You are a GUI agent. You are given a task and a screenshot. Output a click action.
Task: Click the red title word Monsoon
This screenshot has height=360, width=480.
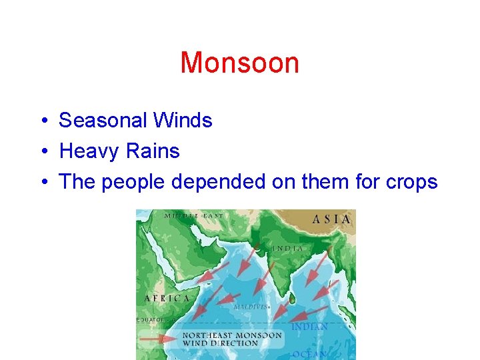coord(239,63)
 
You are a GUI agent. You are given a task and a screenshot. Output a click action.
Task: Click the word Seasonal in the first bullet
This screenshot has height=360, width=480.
coord(103,121)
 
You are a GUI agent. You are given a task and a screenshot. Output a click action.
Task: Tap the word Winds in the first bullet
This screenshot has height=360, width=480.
coord(182,121)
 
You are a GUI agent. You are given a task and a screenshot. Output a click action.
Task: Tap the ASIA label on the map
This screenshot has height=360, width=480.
coord(331,219)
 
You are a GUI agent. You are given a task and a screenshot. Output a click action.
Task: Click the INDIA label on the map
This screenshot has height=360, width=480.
coord(287,249)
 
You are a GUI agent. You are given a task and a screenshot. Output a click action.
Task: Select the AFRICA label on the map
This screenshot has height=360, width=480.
coord(167,299)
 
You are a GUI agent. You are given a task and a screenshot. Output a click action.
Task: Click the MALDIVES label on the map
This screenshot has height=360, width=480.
coord(251,307)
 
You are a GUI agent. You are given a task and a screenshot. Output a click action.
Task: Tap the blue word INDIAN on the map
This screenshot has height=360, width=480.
coord(309,327)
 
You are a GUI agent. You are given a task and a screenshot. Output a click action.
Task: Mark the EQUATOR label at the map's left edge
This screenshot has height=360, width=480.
coord(151,320)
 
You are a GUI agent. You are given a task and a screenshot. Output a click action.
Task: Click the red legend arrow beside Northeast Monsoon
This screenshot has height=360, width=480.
coord(160,339)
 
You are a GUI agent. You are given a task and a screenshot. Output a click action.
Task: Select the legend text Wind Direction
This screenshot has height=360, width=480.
coord(219,343)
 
